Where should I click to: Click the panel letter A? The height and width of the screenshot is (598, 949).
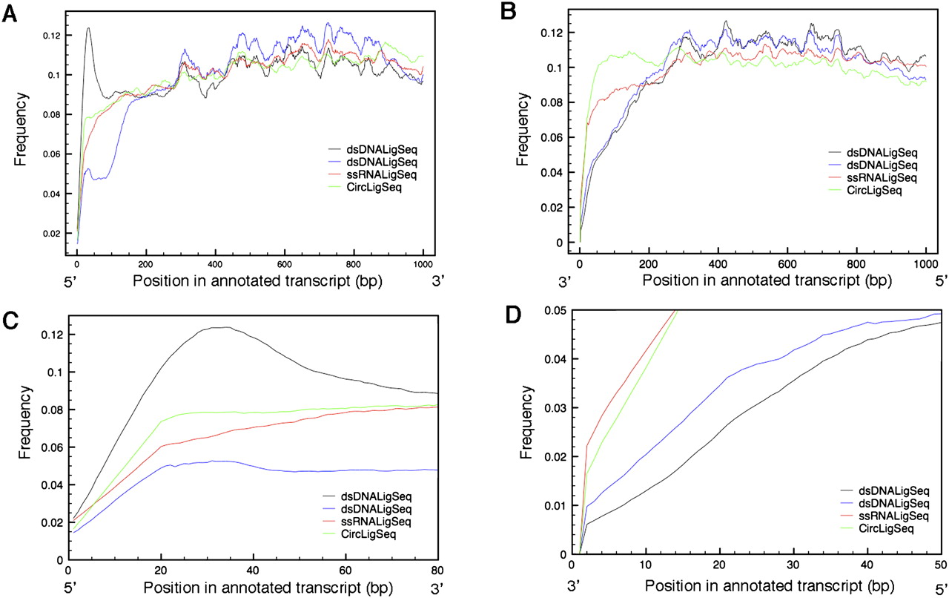click(x=11, y=14)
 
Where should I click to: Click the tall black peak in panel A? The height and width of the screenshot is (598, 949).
click(x=88, y=29)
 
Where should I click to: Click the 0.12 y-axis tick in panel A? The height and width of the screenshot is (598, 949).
click(x=50, y=36)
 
